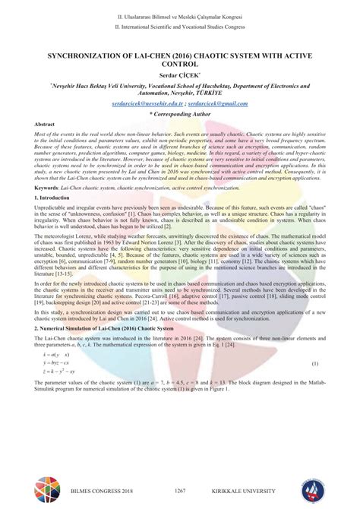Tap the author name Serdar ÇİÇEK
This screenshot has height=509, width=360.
[180, 76]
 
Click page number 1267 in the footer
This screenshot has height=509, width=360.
[180, 492]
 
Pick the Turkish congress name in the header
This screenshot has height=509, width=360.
[180, 16]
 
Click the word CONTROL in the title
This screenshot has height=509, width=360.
[180, 66]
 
